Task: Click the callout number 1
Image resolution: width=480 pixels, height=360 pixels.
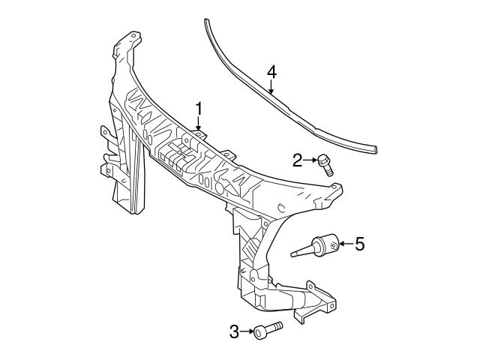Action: (x=199, y=109)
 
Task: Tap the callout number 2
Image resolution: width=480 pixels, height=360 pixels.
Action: (x=298, y=159)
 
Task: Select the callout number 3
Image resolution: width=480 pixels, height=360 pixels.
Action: (x=234, y=331)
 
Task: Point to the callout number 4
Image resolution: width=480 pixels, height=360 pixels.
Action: (x=271, y=72)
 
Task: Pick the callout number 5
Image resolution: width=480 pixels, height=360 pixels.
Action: (x=360, y=243)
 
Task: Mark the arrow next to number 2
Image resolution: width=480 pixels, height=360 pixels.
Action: (x=310, y=159)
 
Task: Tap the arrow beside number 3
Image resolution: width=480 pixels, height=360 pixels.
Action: (x=247, y=331)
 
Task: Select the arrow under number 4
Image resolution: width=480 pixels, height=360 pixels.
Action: (x=271, y=88)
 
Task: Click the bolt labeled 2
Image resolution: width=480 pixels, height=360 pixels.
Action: (x=326, y=163)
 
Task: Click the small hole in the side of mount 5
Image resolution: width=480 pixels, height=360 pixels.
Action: (x=332, y=244)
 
